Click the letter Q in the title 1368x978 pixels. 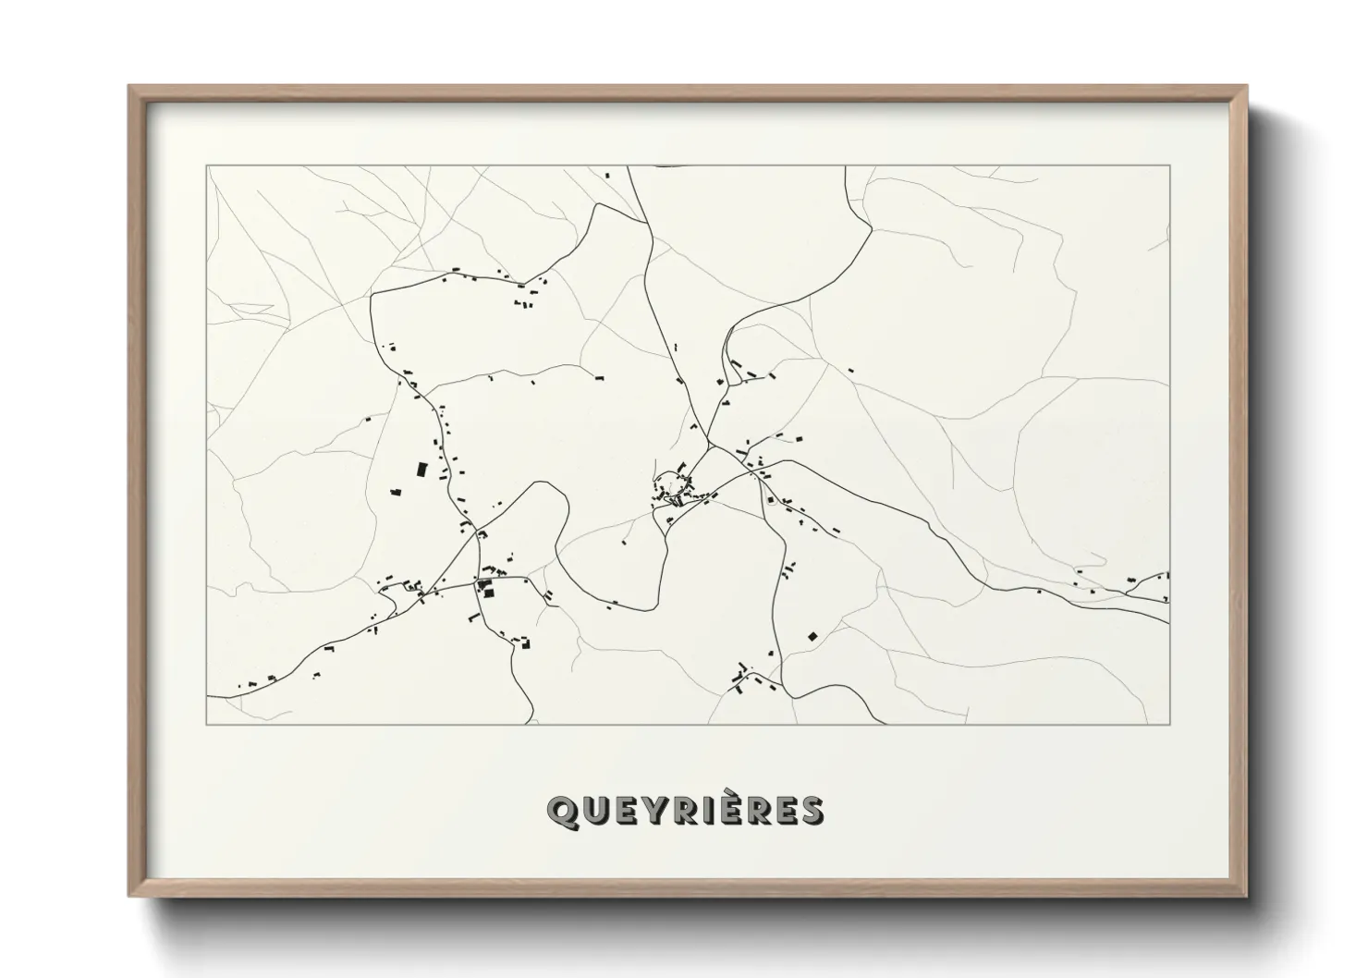[562, 811]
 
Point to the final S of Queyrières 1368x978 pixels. [812, 811]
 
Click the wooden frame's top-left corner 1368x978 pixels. [130, 87]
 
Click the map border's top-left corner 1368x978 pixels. [207, 166]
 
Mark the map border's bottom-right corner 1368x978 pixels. [1169, 724]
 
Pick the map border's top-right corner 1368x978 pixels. [1169, 166]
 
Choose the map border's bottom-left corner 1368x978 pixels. [207, 724]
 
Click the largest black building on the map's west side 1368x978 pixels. [421, 470]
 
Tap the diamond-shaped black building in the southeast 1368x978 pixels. [812, 635]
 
